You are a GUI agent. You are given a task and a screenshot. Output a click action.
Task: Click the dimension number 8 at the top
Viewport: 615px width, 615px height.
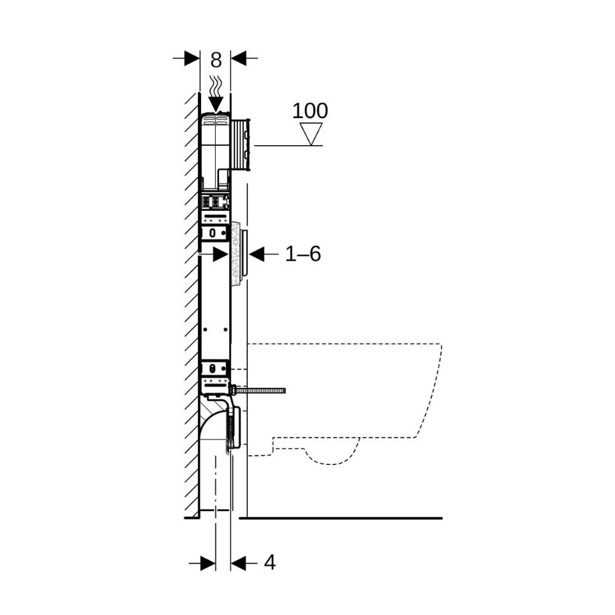216,60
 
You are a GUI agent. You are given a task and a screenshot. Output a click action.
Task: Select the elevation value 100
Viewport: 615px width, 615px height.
310,111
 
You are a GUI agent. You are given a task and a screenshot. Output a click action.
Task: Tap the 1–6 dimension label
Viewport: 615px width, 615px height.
303,254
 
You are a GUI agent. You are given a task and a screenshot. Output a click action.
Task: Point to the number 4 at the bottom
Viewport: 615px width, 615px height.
270,563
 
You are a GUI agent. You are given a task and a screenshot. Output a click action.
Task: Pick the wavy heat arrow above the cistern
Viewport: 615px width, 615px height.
216,94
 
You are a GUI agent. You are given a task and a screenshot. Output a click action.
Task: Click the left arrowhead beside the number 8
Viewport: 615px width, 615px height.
192,58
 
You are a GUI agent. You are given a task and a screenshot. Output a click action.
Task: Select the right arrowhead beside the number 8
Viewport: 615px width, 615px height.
238,58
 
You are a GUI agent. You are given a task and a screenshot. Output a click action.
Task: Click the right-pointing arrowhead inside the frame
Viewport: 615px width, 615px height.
221,254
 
